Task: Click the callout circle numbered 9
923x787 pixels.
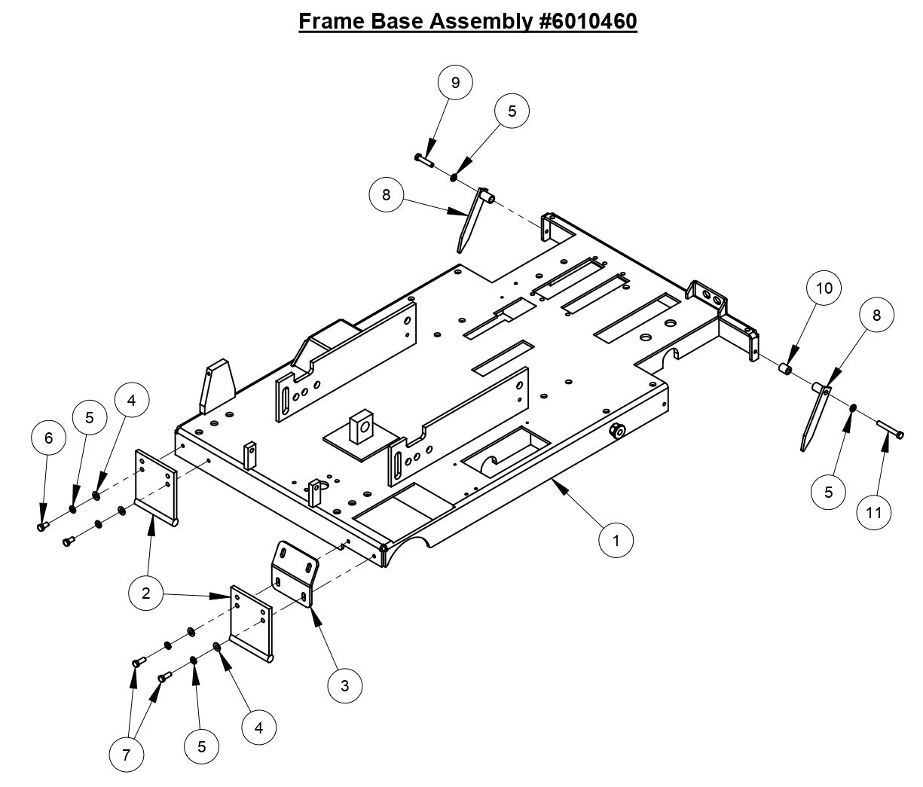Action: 454,81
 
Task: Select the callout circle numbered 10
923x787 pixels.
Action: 824,288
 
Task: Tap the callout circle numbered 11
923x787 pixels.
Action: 874,512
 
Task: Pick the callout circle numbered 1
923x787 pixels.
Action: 616,540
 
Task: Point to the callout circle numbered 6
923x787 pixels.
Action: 50,438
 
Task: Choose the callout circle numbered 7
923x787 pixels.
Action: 127,754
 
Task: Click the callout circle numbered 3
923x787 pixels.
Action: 345,685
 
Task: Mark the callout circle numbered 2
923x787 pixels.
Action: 146,593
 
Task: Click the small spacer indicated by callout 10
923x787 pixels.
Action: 784,368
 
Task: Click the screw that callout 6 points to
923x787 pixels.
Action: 43,526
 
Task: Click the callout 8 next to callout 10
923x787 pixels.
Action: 876,315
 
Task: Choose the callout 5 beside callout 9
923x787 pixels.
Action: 512,111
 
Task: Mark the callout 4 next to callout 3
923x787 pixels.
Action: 258,728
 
